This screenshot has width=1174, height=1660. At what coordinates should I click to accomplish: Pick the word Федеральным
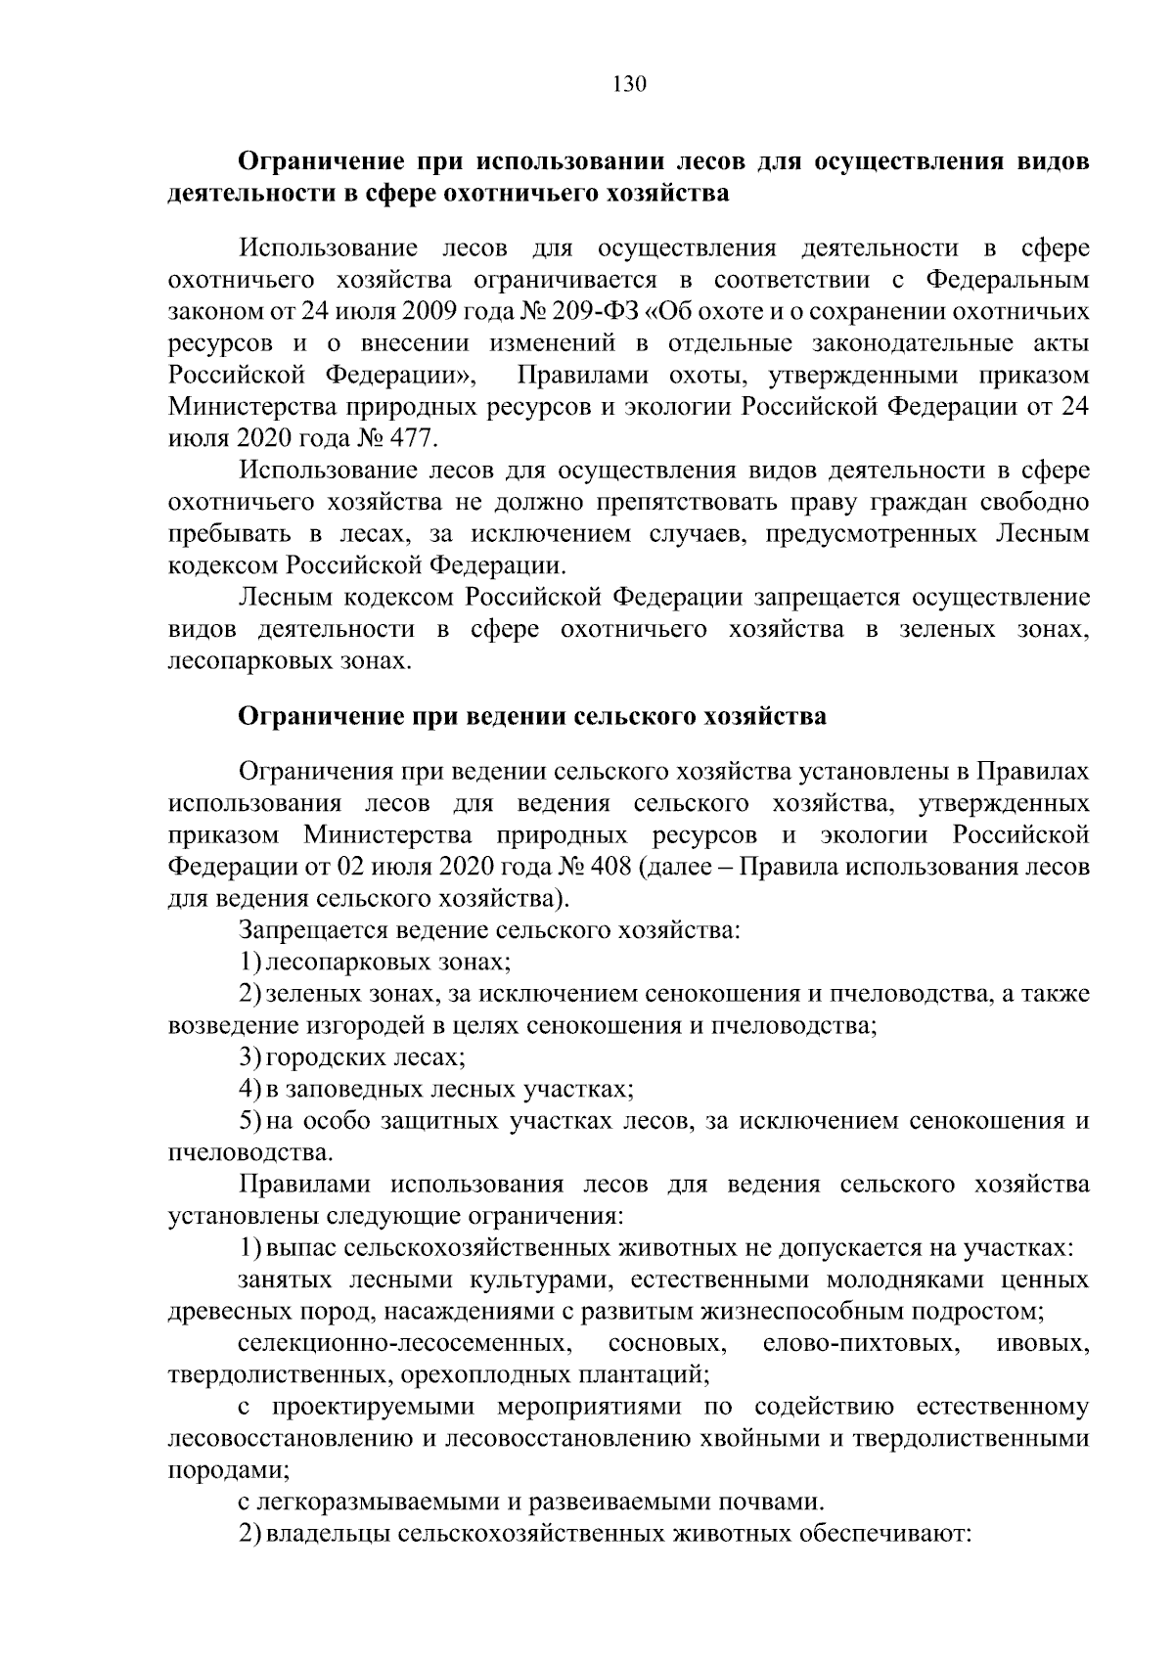(x=1007, y=281)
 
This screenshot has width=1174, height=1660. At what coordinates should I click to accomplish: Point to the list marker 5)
(x=249, y=1120)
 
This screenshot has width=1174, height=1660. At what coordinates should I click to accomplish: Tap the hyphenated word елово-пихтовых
(x=858, y=1343)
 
